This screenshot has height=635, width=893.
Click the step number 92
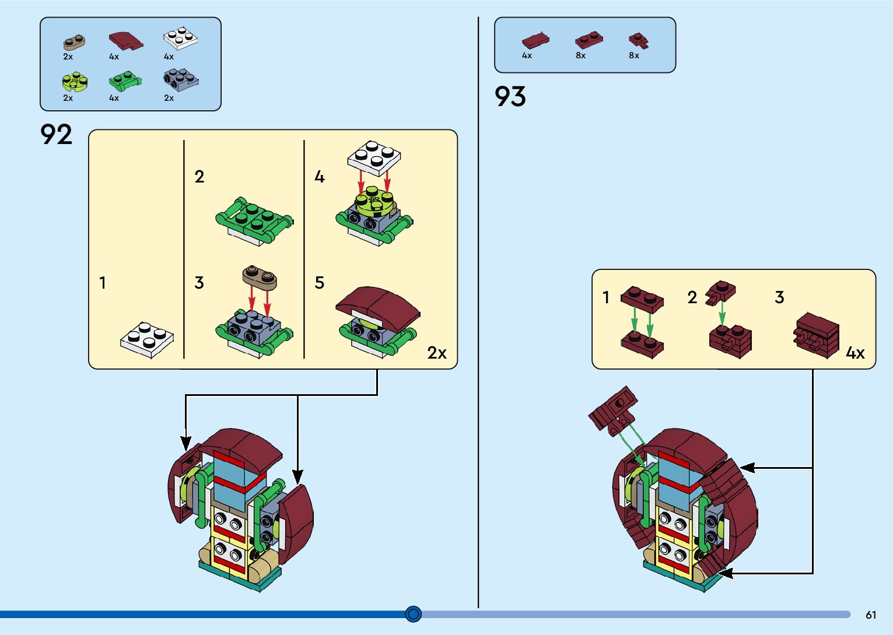coord(56,135)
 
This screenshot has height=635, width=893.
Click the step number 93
coord(510,97)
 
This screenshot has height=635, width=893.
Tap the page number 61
coord(871,615)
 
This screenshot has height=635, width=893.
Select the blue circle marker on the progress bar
coord(413,613)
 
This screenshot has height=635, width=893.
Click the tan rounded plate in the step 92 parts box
coord(74,43)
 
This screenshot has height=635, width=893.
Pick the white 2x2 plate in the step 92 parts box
coord(180,38)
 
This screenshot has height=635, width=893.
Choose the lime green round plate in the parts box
coord(75,82)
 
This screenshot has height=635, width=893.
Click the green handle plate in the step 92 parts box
coord(125,81)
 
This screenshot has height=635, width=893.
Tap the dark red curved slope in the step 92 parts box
coord(126,41)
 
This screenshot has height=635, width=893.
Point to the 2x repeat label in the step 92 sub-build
coord(437,353)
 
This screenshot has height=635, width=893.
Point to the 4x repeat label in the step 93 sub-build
coord(855,353)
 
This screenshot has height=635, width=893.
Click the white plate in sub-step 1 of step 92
coord(147,339)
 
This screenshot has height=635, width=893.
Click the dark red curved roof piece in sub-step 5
coord(378,303)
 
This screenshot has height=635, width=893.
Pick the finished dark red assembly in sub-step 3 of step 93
coord(817,335)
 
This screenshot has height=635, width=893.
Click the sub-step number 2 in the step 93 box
coord(692,297)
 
